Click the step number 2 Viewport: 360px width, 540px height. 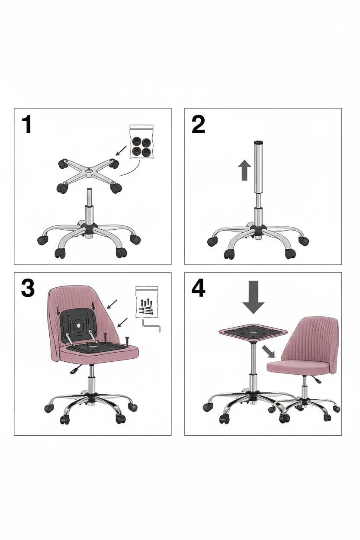point(198,124)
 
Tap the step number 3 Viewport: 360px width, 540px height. point(28,289)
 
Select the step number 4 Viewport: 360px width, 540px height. point(198,289)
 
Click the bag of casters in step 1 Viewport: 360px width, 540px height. point(141,141)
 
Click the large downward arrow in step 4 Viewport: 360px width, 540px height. point(254,297)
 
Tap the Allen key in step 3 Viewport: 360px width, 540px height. point(151,325)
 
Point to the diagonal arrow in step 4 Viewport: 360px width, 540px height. point(268,352)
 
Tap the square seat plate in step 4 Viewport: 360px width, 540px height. point(253,332)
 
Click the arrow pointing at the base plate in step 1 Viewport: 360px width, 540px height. point(121,151)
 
